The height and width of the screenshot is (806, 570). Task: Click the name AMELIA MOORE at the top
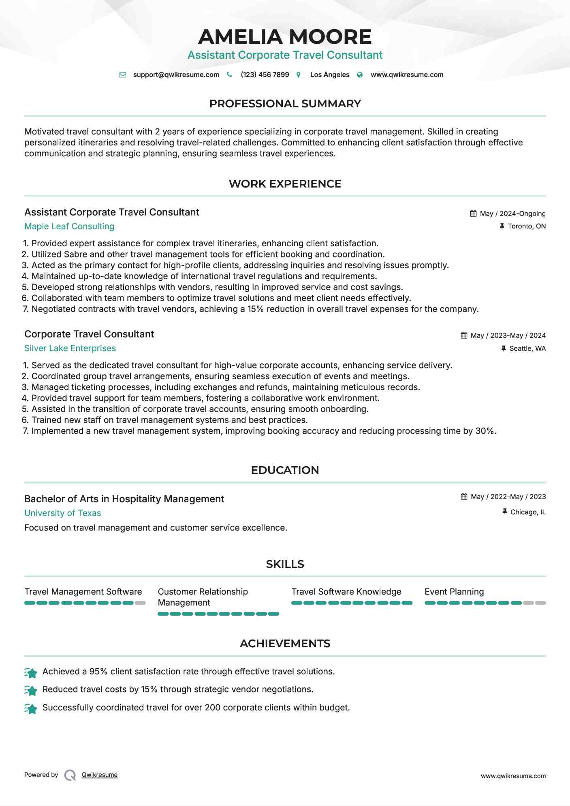(x=285, y=37)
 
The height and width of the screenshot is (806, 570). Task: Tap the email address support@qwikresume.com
(x=176, y=75)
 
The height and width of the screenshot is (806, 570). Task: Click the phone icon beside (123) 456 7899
(x=229, y=75)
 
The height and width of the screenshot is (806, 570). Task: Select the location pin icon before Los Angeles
(x=299, y=75)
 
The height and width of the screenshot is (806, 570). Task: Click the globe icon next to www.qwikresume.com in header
(x=360, y=75)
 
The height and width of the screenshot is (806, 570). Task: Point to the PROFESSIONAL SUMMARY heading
(x=285, y=104)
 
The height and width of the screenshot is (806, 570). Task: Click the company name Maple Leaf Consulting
(x=69, y=226)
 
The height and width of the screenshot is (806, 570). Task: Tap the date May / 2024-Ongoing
(x=512, y=213)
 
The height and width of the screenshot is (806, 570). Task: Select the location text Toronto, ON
(x=527, y=226)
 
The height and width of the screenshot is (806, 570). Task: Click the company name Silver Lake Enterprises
(x=70, y=348)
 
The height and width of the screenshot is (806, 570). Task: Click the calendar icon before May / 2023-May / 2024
(x=464, y=335)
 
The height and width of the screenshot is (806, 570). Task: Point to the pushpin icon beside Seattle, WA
(x=504, y=348)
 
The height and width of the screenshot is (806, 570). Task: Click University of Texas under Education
(x=63, y=513)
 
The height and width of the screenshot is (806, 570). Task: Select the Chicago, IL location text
(x=528, y=512)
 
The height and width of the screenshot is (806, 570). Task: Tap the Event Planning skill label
(x=454, y=592)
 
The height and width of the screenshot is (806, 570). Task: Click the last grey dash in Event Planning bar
(x=540, y=603)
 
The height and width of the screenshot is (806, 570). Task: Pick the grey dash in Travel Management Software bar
(x=140, y=603)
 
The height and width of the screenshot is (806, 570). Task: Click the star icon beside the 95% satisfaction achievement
(x=31, y=673)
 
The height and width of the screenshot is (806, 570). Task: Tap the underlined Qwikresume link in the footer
(x=100, y=775)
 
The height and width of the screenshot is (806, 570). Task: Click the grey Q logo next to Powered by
(x=70, y=775)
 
